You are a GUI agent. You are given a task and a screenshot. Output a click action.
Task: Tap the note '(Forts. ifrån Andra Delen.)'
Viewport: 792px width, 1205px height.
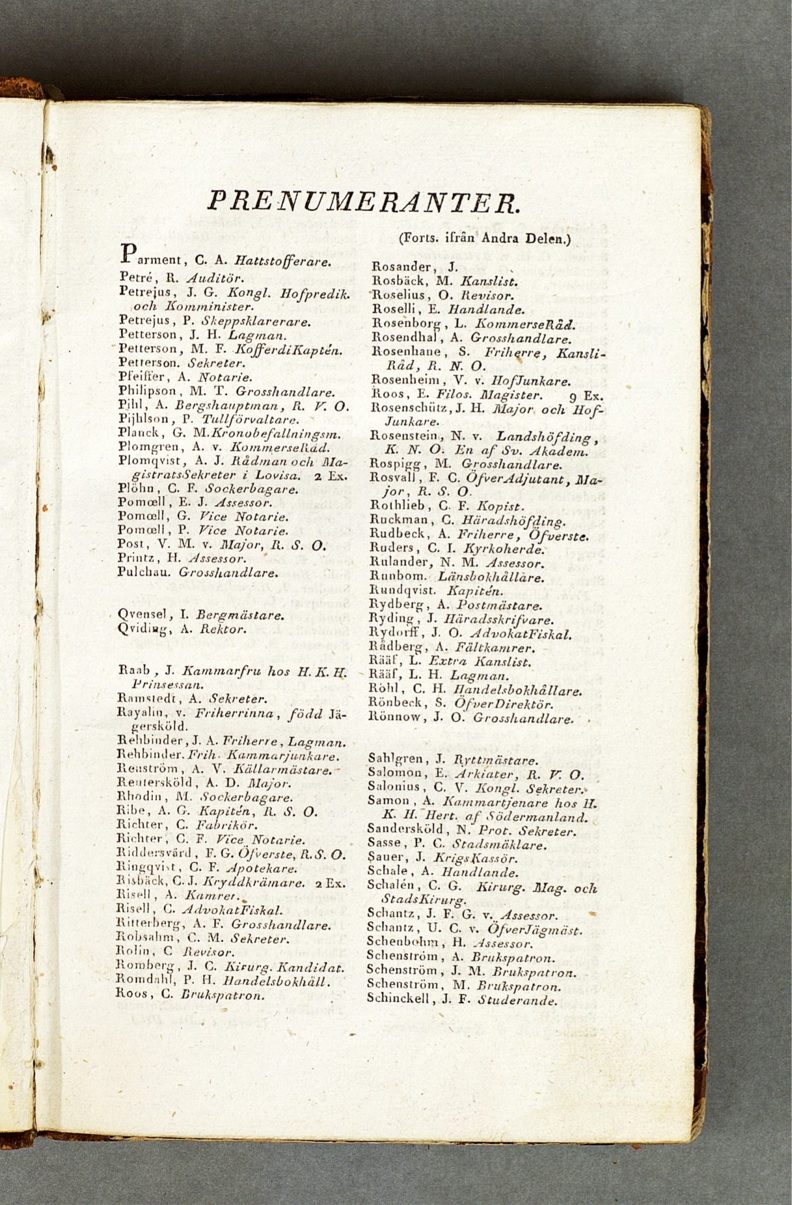coord(485,239)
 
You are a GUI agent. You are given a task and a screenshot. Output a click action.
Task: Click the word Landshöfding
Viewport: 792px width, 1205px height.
coord(546,436)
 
